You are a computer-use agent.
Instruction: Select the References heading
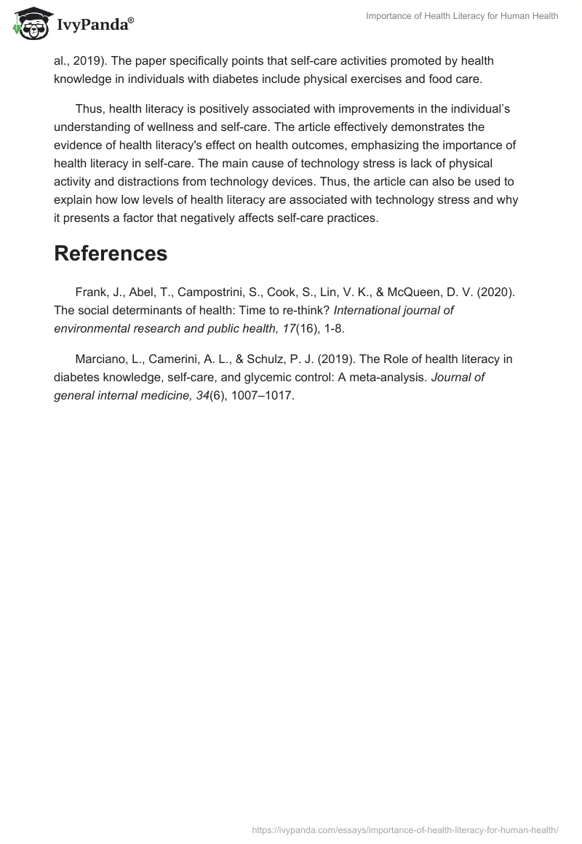coord(111,253)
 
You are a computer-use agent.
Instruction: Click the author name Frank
coord(91,292)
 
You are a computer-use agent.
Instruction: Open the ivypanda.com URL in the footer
coord(404,829)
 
